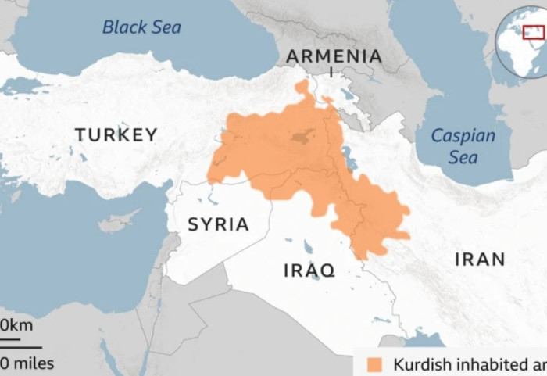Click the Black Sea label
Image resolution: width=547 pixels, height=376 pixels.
(141, 27)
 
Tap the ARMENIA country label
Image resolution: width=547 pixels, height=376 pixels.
(334, 56)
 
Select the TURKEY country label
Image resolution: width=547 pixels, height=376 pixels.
(116, 134)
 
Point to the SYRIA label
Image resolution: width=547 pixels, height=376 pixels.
(218, 225)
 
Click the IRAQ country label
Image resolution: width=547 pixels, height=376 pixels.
(309, 270)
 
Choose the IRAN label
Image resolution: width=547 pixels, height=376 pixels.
(480, 260)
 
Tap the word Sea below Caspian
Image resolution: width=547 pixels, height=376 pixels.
(463, 158)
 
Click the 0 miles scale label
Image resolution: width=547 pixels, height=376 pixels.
(27, 363)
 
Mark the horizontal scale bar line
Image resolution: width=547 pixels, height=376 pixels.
(20, 345)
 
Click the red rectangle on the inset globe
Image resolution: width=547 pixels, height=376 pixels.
(534, 31)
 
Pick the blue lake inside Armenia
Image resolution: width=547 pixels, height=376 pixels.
(348, 95)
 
